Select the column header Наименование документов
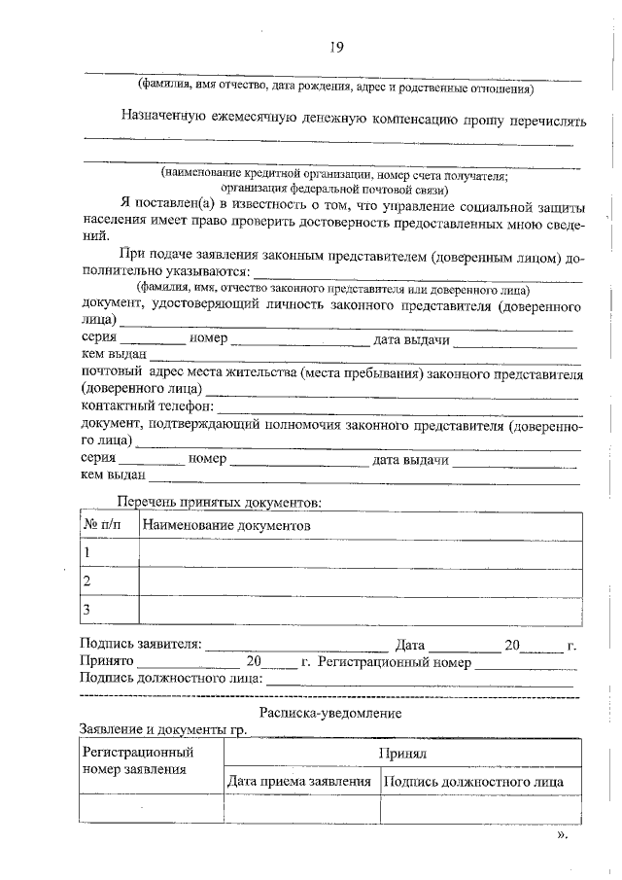(x=225, y=525)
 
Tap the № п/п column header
(x=105, y=525)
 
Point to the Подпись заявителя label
(x=142, y=644)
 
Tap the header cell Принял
(x=403, y=754)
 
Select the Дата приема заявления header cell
(x=300, y=781)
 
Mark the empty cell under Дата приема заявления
(x=300, y=809)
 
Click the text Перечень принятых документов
(x=218, y=503)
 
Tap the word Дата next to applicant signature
(x=410, y=644)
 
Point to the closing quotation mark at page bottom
(x=562, y=834)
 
